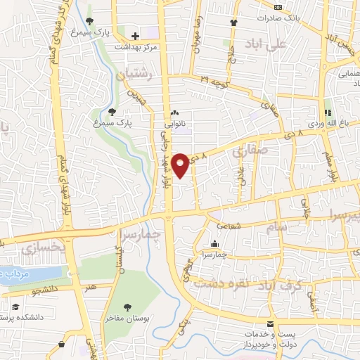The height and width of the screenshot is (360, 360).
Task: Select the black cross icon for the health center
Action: (134, 35)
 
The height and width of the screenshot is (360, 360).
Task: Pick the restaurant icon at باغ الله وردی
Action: (327, 112)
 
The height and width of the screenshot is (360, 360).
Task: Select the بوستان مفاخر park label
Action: (127, 319)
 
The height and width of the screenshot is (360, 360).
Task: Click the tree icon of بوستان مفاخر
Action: (127, 307)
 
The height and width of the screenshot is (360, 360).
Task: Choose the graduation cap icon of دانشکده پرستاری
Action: (15, 307)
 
